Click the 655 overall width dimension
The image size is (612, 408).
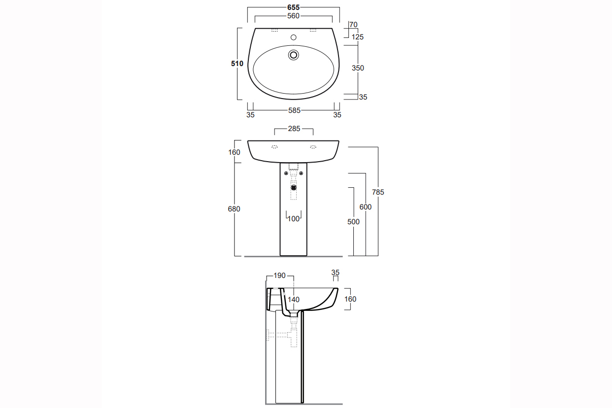pyautogui.click(x=293, y=7)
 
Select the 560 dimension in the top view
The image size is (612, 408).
pyautogui.click(x=293, y=16)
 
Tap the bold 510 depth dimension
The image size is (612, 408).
pyautogui.click(x=237, y=64)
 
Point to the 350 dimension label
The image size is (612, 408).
pyautogui.click(x=358, y=68)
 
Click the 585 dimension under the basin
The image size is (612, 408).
pyautogui.click(x=294, y=110)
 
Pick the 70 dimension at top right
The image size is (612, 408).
pyautogui.click(x=353, y=25)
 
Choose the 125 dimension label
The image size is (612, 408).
pyautogui.click(x=358, y=37)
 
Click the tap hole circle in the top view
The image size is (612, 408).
pyautogui.click(x=294, y=37)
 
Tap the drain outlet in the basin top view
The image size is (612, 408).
pyautogui.click(x=294, y=55)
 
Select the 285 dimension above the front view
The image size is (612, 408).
pyautogui.click(x=294, y=129)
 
